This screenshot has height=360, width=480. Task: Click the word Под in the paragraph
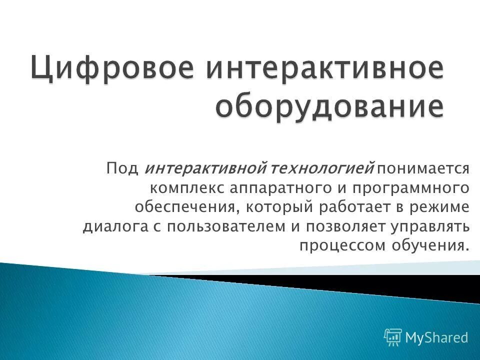coord(122,168)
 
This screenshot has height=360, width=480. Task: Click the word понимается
coord(424,168)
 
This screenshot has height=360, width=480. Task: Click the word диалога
coord(113,226)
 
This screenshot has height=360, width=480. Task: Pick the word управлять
coord(431,226)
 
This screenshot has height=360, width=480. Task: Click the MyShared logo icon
coord(393,337)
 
